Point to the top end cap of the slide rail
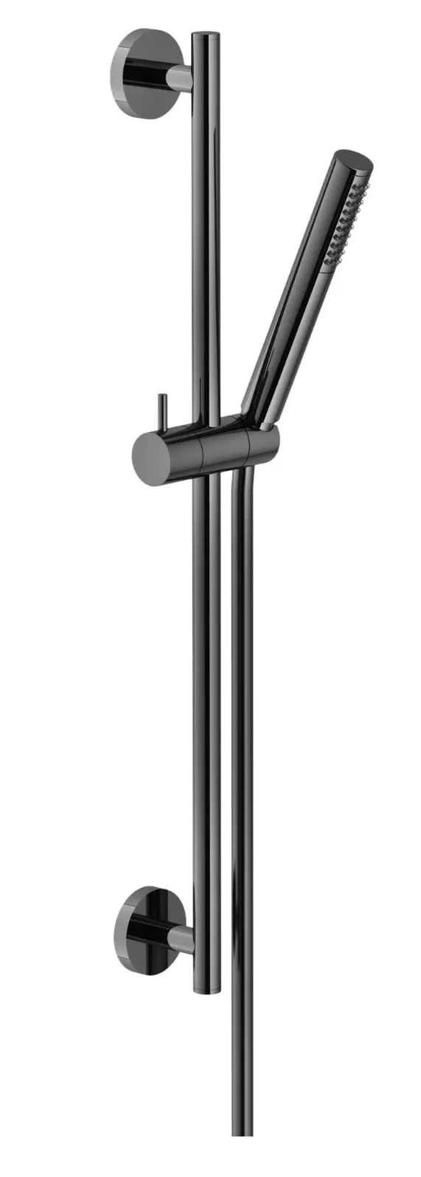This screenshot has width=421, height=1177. [206, 35]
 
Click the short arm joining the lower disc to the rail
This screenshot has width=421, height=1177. [180, 938]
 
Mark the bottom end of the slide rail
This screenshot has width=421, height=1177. [206, 990]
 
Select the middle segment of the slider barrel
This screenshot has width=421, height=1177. [224, 451]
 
